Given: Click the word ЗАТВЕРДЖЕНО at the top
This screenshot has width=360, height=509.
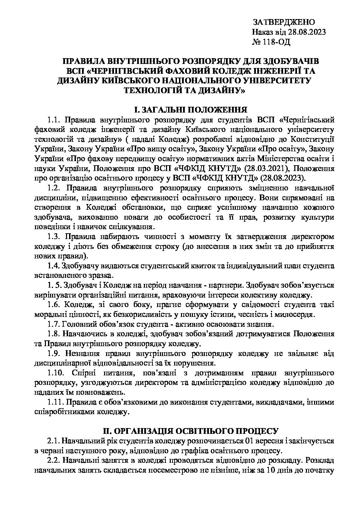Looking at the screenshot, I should (x=284, y=22).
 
